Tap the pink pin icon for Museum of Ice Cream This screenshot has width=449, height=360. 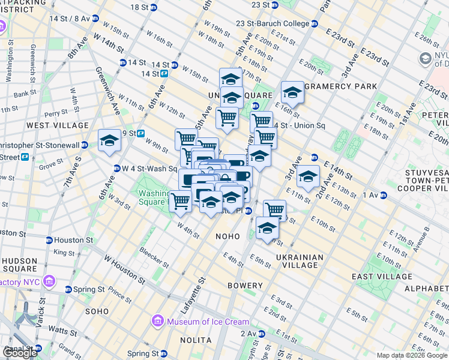[158, 321]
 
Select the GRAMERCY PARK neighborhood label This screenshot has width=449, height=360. [340, 86]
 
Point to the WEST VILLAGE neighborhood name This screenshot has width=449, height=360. [58, 125]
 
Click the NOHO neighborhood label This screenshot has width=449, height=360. [228, 237]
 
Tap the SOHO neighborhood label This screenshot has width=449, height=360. [97, 311]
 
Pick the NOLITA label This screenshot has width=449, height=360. [196, 340]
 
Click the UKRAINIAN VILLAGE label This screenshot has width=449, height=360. [300, 261]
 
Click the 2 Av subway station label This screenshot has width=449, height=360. [249, 333]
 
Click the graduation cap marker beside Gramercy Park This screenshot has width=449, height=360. [292, 92]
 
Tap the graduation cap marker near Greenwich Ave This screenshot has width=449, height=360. [109, 140]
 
